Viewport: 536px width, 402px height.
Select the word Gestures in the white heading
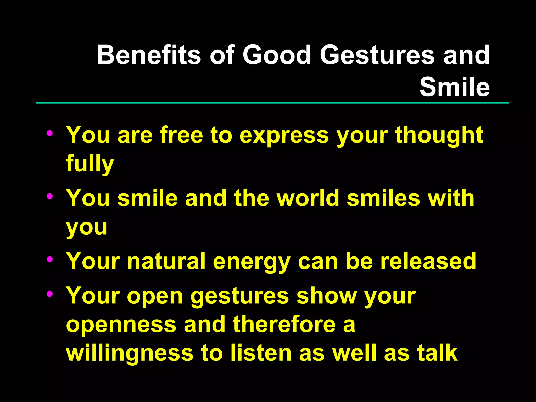(377, 55)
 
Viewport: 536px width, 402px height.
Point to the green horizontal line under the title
(272, 103)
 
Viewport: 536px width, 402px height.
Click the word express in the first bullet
(284, 136)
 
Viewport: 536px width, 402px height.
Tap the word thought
(439, 136)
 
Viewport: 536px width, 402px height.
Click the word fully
(90, 163)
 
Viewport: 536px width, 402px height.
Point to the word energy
(252, 262)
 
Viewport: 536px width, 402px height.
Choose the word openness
(121, 325)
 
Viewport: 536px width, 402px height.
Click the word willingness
(130, 353)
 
